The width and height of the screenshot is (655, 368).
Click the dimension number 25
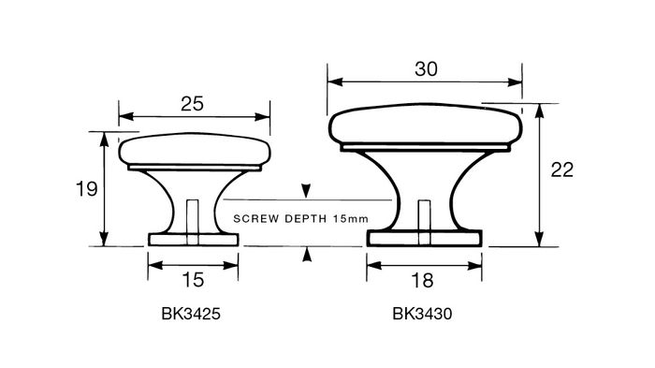click(x=192, y=104)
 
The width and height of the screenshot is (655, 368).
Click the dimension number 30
click(x=426, y=69)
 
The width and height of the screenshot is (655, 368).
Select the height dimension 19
click(x=86, y=189)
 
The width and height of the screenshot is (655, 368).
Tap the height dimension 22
click(x=561, y=169)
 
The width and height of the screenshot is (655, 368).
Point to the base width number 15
click(x=193, y=280)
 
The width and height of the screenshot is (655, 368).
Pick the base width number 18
click(x=422, y=281)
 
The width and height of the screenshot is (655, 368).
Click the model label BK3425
click(x=191, y=314)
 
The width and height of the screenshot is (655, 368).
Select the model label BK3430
click(x=422, y=314)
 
